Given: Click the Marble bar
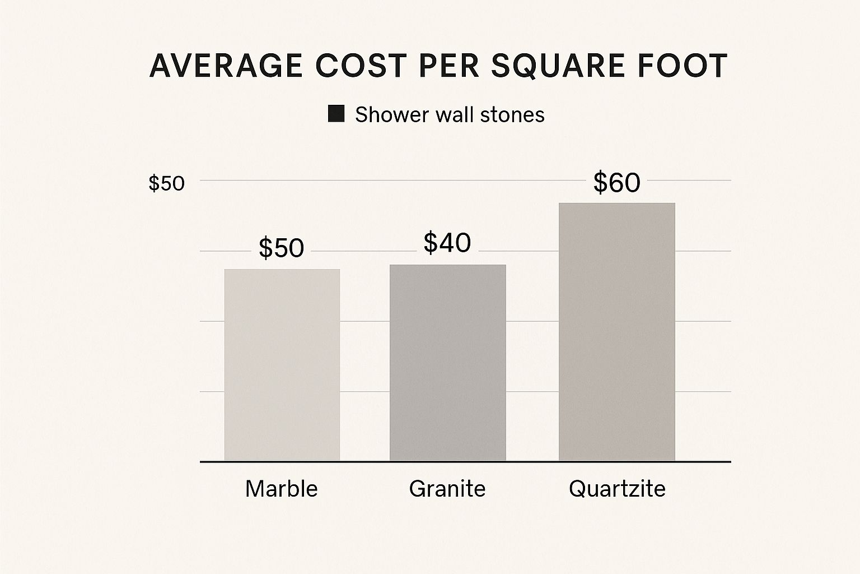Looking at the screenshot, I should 282,364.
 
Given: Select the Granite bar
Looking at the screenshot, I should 447,362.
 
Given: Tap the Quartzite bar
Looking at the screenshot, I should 616,331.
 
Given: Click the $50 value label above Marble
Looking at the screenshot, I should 281,248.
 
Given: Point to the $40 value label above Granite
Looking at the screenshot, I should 447,243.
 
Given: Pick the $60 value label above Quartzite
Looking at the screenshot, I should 616,183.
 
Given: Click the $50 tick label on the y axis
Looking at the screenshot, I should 166,183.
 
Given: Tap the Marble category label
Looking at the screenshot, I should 281,489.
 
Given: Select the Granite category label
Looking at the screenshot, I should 447,489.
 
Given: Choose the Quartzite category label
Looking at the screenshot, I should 617,489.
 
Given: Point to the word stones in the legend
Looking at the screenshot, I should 513,114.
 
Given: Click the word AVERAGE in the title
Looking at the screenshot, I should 225,66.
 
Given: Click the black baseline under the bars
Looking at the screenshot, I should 465,462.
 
